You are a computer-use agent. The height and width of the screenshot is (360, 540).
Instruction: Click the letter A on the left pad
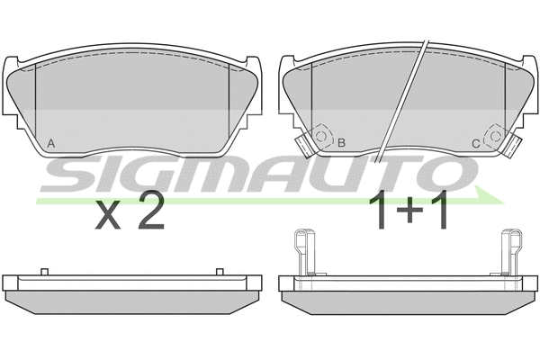click(51, 143)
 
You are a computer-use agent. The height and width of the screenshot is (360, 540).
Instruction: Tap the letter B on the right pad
click(341, 142)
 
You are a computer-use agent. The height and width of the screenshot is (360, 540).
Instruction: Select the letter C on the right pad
click(475, 144)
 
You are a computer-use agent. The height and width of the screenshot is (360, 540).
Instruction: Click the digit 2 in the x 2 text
click(151, 211)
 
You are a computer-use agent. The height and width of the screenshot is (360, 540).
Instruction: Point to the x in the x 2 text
click(108, 216)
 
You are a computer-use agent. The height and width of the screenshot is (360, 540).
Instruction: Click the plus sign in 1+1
click(409, 210)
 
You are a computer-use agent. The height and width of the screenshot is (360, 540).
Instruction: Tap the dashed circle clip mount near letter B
click(321, 137)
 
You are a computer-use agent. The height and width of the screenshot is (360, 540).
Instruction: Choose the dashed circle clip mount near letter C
click(495, 137)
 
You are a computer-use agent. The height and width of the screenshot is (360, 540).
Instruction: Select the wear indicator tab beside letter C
click(513, 146)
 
